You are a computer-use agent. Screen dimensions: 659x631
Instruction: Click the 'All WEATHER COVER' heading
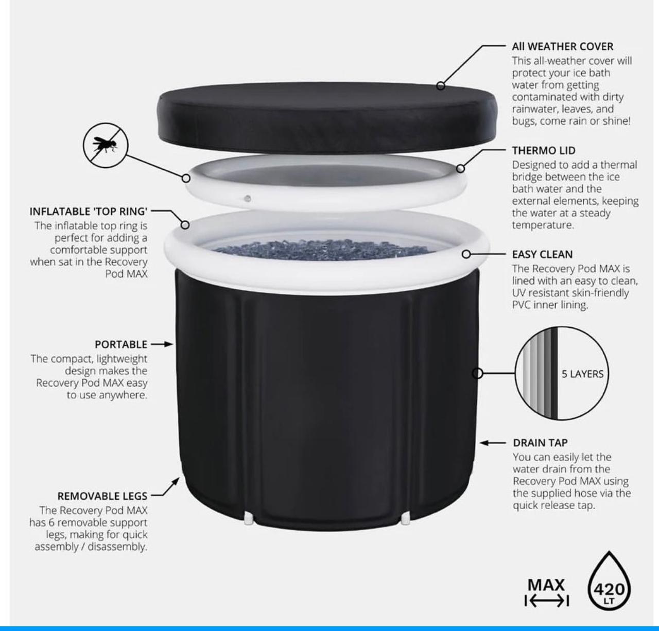(562, 46)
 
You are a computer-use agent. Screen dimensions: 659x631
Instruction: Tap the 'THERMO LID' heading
(544, 150)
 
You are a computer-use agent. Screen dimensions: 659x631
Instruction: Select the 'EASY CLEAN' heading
(542, 254)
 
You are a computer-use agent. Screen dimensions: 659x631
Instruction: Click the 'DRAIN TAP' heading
(540, 443)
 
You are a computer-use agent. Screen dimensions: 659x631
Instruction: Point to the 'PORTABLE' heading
(121, 344)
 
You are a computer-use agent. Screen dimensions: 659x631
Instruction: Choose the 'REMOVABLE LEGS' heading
(102, 496)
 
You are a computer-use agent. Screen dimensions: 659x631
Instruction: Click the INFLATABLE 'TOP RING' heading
(89, 211)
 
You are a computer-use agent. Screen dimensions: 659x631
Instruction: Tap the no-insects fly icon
(106, 145)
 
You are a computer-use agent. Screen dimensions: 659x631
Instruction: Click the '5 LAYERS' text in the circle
(582, 374)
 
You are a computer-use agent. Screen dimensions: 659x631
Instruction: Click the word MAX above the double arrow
(546, 585)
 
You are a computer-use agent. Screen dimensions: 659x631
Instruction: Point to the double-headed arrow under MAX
(547, 601)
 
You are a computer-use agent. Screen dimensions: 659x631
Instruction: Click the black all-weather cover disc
(327, 117)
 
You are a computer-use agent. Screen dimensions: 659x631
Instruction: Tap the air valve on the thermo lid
(248, 199)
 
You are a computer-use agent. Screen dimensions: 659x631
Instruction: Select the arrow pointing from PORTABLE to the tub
(162, 344)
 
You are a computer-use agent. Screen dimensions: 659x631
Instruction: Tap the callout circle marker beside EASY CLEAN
(466, 254)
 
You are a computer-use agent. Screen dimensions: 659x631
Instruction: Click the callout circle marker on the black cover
(441, 85)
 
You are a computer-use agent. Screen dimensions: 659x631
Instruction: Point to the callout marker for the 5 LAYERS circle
(477, 374)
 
